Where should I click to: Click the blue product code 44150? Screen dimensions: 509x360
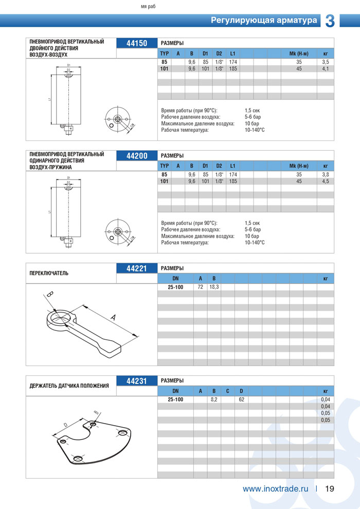point(137,44)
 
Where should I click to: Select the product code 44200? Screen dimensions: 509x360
point(137,156)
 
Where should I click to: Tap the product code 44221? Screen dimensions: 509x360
point(137,268)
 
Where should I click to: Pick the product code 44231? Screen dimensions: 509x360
point(137,381)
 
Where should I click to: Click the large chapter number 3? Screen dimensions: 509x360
point(330,21)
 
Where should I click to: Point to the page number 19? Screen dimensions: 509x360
point(330,488)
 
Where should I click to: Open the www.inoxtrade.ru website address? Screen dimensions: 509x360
point(275,488)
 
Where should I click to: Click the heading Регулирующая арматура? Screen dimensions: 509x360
point(264,21)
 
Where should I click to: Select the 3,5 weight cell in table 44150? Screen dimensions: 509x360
point(325,62)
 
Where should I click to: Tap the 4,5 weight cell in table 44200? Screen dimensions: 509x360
point(325,181)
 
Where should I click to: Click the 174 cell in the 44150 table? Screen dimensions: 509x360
point(232,62)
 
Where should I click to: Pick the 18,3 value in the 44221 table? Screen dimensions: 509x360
point(214,287)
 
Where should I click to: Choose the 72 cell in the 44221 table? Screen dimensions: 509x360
point(200,287)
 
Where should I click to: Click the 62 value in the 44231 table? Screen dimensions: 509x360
point(241,399)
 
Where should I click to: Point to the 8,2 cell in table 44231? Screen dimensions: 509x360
point(214,399)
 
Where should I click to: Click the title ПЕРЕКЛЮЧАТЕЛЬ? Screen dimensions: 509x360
point(49,273)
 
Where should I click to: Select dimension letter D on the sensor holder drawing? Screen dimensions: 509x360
point(65,425)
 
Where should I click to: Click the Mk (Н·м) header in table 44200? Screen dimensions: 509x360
point(299,166)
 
